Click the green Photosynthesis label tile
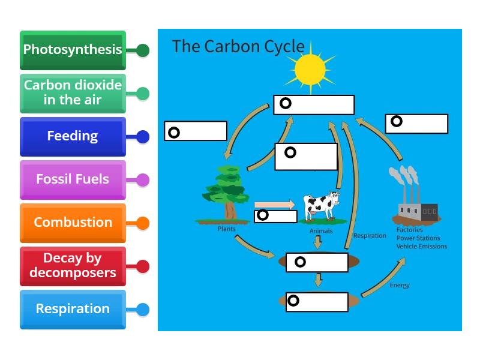pos(73,50)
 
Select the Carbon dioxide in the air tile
pos(73,93)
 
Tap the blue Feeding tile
pos(73,136)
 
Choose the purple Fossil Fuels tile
pos(73,179)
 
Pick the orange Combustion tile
pos(73,223)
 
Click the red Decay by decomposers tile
pos(73,266)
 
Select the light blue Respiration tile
pos(73,309)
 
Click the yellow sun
pos(310,69)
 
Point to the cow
pos(320,206)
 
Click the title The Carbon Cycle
pos(238,46)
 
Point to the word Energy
pos(400,286)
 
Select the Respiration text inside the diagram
pos(370,236)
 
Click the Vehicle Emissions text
pos(421,246)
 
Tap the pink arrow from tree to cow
pos(275,205)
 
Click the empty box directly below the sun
pos(314,104)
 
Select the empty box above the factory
pos(416,124)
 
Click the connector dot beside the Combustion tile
pos(142,223)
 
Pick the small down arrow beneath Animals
pos(318,242)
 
